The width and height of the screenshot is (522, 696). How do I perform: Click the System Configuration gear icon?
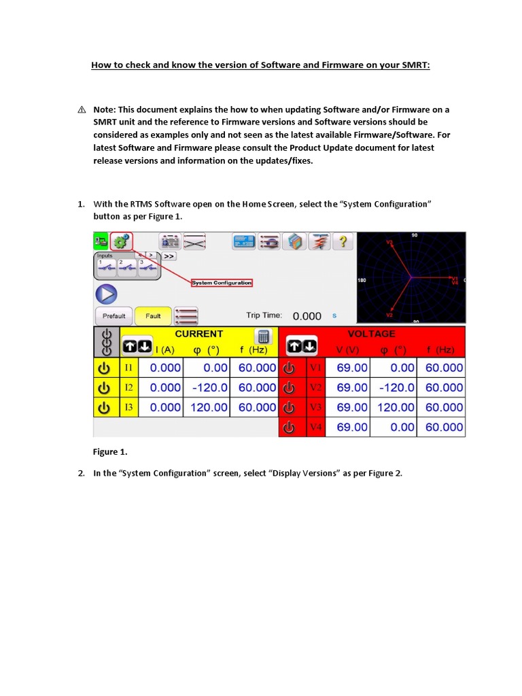[122, 242]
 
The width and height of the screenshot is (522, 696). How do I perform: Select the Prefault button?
[114, 316]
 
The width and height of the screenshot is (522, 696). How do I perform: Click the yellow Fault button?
[153, 316]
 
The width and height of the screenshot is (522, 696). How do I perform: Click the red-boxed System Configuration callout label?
[222, 283]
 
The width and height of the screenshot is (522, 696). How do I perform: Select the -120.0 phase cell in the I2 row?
[207, 387]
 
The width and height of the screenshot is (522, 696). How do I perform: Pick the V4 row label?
[316, 428]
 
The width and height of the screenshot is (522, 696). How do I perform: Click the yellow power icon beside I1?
[105, 368]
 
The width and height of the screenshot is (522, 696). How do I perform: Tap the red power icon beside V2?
[289, 387]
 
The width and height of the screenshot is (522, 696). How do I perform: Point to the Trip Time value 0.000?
[307, 316]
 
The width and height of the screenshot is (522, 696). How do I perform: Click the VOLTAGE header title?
[371, 334]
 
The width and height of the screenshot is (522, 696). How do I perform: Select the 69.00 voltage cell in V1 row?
[352, 368]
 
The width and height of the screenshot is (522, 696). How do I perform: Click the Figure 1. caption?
[109, 451]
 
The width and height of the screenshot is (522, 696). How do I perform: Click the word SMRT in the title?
[415, 67]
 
